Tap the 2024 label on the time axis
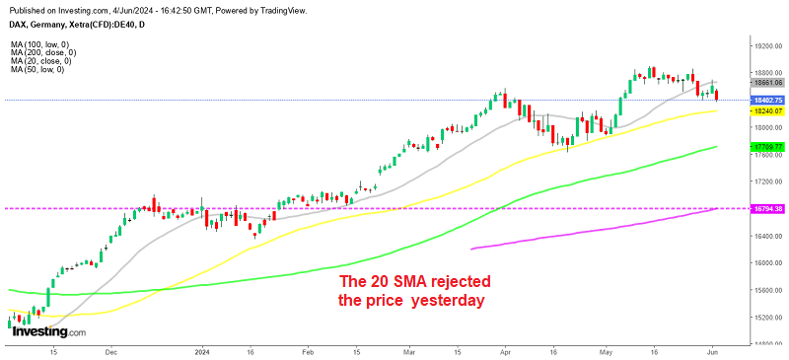201,350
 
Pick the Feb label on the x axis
307,350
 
